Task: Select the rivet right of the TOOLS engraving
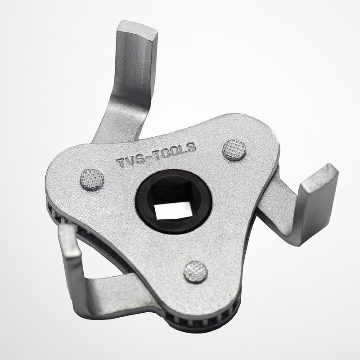[234, 150]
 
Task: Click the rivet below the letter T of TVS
[92, 180]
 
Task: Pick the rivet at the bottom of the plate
[196, 272]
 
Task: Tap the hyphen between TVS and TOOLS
[149, 156]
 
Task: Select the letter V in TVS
[131, 160]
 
